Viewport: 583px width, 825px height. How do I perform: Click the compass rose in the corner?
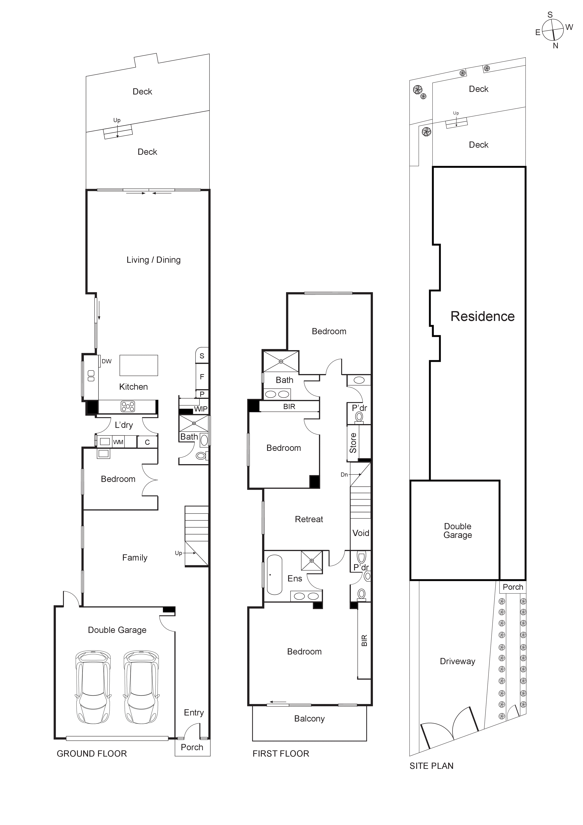pyautogui.click(x=553, y=30)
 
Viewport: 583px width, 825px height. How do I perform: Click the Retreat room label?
pyautogui.click(x=309, y=519)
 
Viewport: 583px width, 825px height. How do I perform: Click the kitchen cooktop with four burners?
pyautogui.click(x=128, y=406)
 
